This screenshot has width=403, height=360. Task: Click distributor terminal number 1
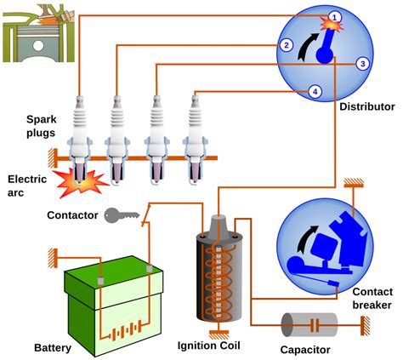[335, 18]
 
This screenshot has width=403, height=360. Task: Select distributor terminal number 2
[287, 45]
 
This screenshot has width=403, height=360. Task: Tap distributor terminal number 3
[363, 64]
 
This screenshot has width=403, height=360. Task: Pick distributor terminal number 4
[315, 92]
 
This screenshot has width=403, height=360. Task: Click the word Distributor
[367, 107]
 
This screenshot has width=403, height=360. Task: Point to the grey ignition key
[122, 215]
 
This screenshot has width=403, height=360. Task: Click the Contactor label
[72, 215]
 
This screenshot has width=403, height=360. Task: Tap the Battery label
[53, 348]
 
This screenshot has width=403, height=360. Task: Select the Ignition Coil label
[208, 346]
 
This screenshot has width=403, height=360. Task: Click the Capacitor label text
[305, 350]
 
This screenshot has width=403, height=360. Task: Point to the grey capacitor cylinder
[309, 325]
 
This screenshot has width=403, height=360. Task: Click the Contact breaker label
[372, 299]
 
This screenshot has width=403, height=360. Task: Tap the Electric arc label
[27, 186]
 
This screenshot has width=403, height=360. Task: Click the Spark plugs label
[42, 126]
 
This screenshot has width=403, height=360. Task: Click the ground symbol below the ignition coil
[219, 334]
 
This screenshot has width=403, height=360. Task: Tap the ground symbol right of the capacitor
[365, 326]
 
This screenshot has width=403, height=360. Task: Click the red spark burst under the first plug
[80, 183]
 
